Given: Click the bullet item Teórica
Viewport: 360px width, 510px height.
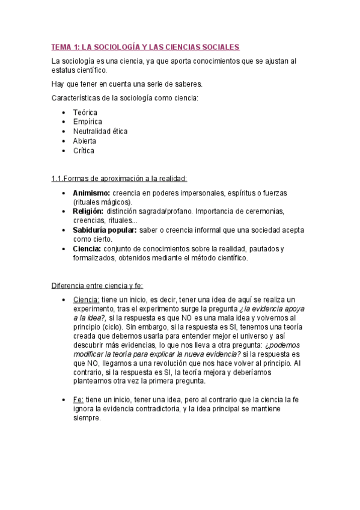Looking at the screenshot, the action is (85, 112).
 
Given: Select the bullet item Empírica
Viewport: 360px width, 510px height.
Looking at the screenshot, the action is (87, 122).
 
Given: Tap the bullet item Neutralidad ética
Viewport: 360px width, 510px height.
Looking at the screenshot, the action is (100, 131).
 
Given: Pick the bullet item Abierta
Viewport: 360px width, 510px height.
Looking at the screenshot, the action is (84, 141).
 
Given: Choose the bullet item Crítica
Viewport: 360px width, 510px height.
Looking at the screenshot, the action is (84, 150).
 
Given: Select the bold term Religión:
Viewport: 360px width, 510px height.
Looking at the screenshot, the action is (88, 211).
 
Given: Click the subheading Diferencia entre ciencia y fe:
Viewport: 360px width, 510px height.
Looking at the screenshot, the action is (97, 285).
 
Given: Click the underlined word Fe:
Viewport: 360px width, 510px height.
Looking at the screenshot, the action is (78, 399).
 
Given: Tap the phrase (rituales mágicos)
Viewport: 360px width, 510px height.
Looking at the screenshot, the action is (102, 202).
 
